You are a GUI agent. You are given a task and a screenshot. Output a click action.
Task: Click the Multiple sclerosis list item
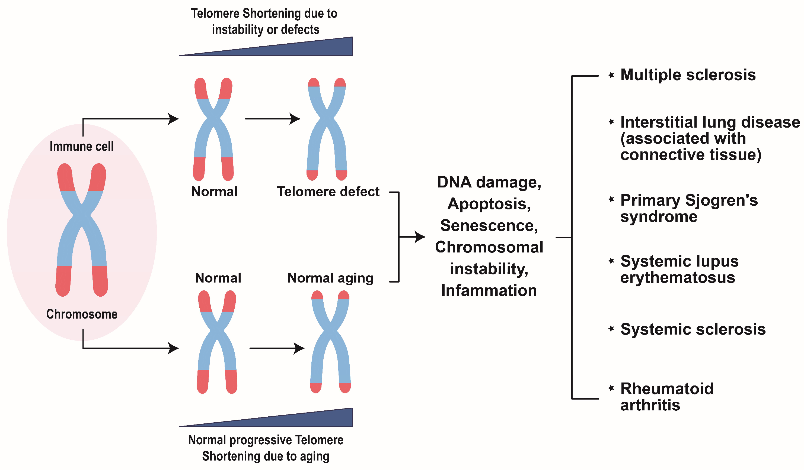pos(688,75)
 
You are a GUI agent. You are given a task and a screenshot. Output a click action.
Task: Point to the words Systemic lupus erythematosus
pos(679,269)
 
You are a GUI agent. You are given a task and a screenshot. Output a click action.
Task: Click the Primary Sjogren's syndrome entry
pos(688,208)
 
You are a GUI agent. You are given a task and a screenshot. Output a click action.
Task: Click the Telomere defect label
pos(328,192)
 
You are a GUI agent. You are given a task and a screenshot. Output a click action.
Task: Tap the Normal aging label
pos(330,278)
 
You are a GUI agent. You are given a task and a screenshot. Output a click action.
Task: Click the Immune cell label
pos(82,147)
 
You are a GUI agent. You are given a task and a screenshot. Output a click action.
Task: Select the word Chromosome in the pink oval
pos(82,314)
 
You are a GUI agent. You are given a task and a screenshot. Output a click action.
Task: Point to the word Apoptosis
pos(489,204)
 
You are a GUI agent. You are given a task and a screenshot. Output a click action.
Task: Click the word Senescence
pos(489,226)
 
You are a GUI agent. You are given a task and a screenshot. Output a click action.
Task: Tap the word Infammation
pos(489,291)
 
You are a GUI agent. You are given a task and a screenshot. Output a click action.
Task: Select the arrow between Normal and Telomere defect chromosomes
pos(273,119)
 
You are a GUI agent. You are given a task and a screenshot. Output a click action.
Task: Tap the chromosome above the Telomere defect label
pos(327,129)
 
